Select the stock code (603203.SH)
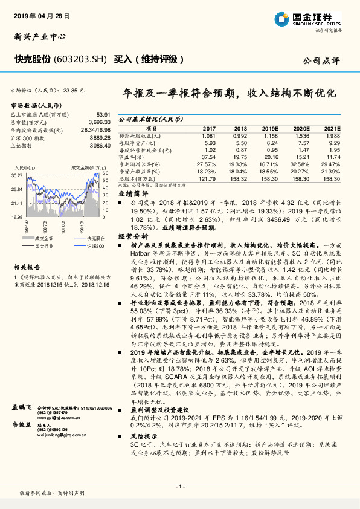(x=80, y=59)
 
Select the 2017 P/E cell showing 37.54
(x=209, y=157)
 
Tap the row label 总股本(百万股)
(x=137, y=178)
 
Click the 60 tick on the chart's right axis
(x=106, y=172)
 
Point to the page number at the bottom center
(x=180, y=487)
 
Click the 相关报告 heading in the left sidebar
(x=27, y=266)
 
